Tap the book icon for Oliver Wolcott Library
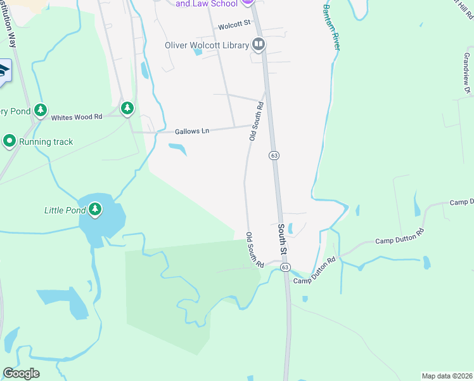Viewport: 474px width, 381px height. tap(259, 44)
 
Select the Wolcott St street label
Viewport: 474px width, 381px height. tap(234, 27)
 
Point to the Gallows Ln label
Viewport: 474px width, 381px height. tap(192, 131)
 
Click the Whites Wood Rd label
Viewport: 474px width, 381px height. tap(77, 117)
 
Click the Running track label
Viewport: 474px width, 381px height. tap(46, 142)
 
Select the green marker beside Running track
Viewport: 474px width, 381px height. tap(10, 141)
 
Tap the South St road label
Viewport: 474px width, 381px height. tap(283, 240)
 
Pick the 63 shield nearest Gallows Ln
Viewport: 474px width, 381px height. tap(274, 155)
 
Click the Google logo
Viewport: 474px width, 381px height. tap(21, 373)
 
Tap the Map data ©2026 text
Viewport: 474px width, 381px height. tap(447, 376)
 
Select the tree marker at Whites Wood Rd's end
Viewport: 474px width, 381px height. tap(128, 109)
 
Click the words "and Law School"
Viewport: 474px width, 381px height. tap(206, 3)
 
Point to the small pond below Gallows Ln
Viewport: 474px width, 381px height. tap(178, 149)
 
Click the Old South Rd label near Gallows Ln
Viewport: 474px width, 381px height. tap(256, 121)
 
